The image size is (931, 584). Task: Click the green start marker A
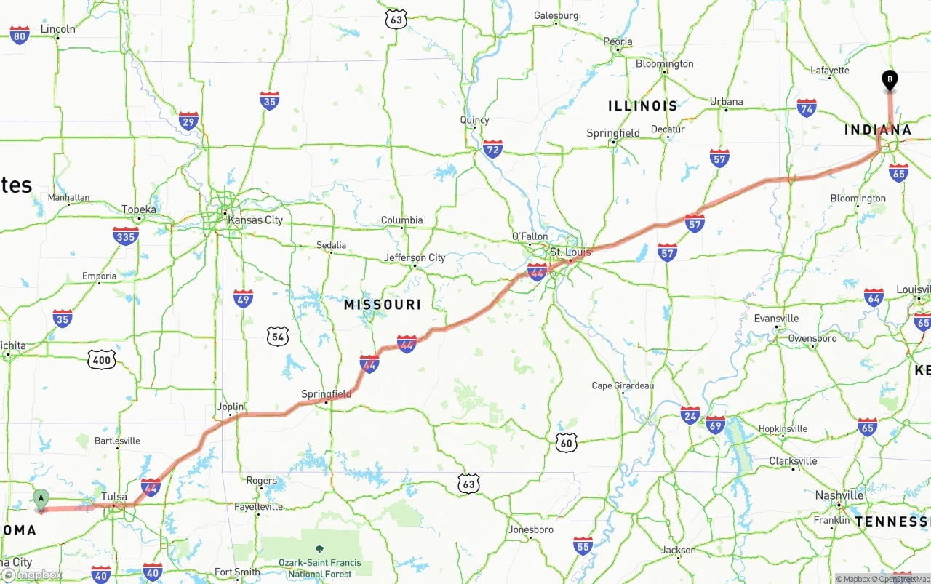click(x=41, y=499)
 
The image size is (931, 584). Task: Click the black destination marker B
click(x=889, y=79)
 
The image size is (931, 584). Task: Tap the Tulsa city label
click(x=114, y=497)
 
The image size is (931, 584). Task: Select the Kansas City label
click(x=255, y=220)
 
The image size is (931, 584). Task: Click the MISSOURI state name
click(x=383, y=305)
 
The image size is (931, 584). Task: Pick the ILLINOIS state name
click(x=642, y=106)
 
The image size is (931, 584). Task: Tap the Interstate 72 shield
click(x=492, y=149)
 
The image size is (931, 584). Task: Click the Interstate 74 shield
click(x=806, y=108)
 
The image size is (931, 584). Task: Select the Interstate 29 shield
click(x=188, y=121)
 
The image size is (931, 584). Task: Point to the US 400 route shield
click(x=102, y=359)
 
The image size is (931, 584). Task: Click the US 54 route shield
click(x=277, y=335)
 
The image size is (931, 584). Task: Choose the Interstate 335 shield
click(x=126, y=236)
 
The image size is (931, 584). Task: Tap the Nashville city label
click(x=839, y=495)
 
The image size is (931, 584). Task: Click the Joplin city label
click(x=231, y=407)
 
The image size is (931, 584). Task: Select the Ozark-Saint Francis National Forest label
click(x=320, y=568)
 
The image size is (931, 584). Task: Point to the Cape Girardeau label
click(x=623, y=385)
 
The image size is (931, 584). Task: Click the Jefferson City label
click(x=415, y=257)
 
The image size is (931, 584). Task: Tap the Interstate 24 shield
click(x=690, y=415)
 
